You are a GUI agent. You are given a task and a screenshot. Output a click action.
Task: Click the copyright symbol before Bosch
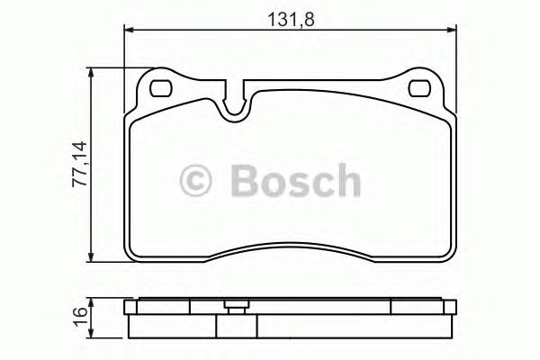tap(198, 181)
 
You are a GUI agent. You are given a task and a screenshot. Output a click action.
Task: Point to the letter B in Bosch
tap(244, 181)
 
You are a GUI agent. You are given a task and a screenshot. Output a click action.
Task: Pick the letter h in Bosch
tap(346, 180)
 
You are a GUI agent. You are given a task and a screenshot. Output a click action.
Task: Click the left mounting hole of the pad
tap(162, 89)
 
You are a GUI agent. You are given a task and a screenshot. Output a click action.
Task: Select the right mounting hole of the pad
tap(420, 89)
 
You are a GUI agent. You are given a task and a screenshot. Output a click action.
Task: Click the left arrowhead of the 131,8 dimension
tap(129, 30)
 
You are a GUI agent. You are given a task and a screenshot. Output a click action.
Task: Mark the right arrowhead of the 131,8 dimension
tap(449, 30)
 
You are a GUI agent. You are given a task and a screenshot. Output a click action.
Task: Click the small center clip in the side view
tap(238, 305)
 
